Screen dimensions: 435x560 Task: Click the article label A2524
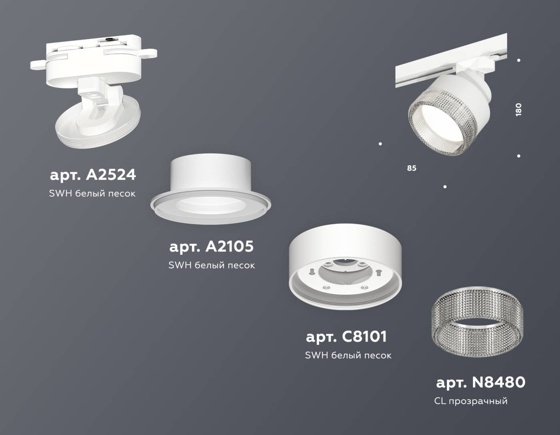[93, 175]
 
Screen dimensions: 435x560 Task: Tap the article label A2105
[211, 246]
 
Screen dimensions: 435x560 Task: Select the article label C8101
[346, 337]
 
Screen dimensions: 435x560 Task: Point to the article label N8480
[480, 382]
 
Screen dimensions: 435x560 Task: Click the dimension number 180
[519, 110]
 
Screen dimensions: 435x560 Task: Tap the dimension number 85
[412, 168]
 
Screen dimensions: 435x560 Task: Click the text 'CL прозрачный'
[470, 401]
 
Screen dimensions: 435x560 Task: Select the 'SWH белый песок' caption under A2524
[92, 194]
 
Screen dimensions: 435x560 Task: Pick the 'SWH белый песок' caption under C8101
[348, 355]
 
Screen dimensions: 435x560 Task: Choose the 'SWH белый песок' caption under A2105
[212, 265]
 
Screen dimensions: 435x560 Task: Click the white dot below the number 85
[445, 187]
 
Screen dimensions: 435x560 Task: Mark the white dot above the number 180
[519, 60]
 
